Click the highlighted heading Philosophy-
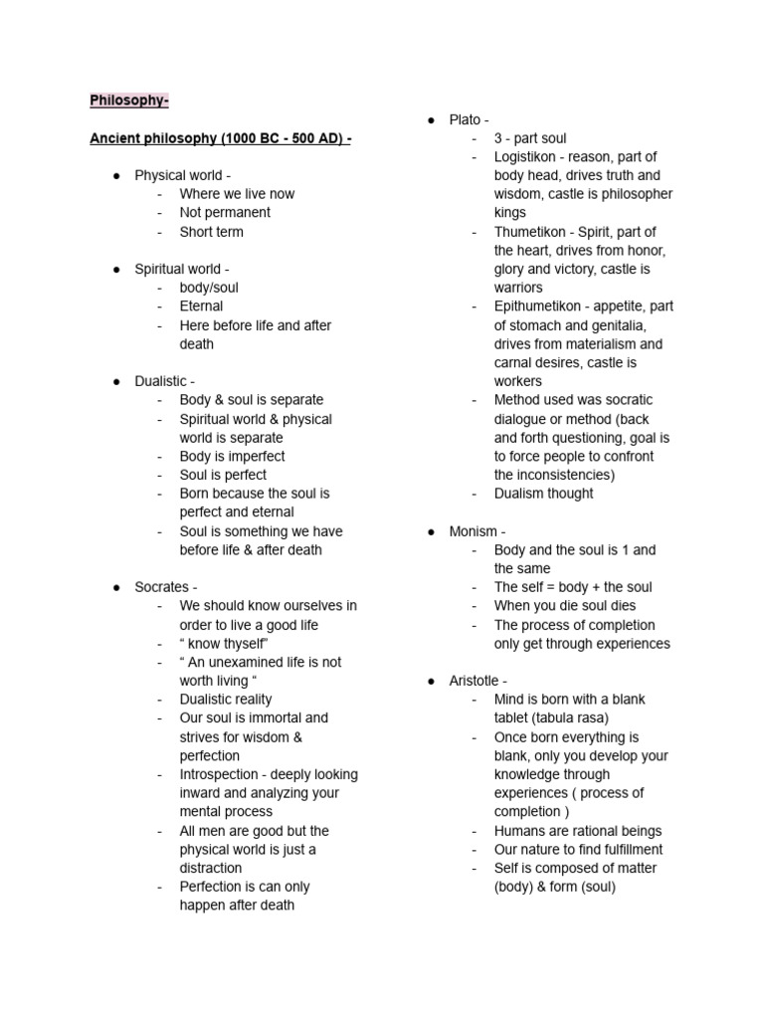click(129, 101)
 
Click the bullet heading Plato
click(468, 119)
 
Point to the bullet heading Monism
click(477, 531)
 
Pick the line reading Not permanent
click(225, 213)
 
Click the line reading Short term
click(211, 232)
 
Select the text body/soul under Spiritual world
click(209, 288)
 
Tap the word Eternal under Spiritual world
click(201, 306)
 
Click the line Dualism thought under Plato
click(543, 494)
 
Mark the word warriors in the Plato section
click(518, 288)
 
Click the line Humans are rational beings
click(577, 831)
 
